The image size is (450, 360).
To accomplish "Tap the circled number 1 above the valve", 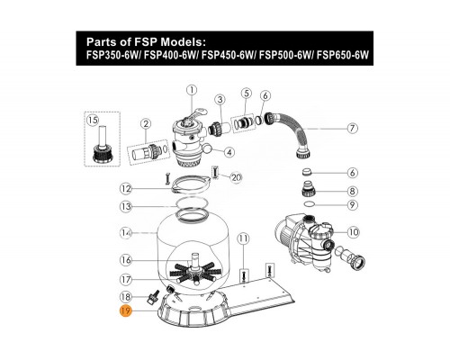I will tap(191, 89).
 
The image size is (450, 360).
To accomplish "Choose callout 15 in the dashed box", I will tap(90, 120).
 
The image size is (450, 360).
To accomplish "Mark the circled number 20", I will tap(237, 177).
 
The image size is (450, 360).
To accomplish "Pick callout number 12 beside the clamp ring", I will tap(127, 188).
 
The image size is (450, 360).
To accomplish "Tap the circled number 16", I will tap(127, 259).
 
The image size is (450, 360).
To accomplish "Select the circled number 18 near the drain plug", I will tap(127, 296).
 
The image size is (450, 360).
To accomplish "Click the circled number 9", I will tap(353, 204).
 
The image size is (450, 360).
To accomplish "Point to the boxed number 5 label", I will tap(246, 93).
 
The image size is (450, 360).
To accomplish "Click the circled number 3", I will tap(219, 98).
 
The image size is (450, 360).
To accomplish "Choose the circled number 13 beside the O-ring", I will tap(127, 207).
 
